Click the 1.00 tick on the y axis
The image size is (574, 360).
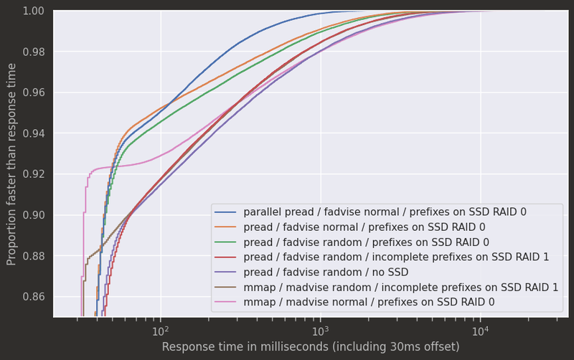[x=36, y=11]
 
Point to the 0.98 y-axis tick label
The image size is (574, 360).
[x=36, y=52]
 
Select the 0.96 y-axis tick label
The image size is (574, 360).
[x=36, y=93]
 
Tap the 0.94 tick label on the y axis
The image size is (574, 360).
[x=36, y=133]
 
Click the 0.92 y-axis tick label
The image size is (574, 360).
[x=36, y=174]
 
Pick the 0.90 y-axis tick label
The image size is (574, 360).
[x=36, y=215]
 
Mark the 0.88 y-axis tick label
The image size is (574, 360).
[x=36, y=256]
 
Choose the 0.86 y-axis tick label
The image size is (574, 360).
[x=36, y=297]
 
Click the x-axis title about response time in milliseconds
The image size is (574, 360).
[x=310, y=347]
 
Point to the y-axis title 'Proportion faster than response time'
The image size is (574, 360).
[x=12, y=164]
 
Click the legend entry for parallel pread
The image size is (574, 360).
[x=385, y=213]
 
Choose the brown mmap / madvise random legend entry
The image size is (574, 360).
[x=401, y=288]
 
